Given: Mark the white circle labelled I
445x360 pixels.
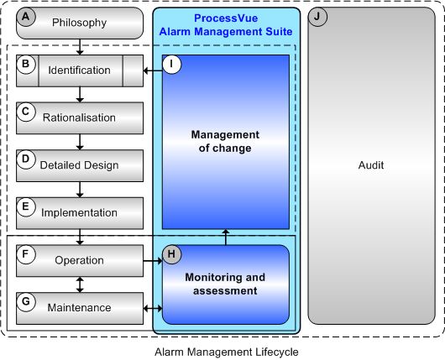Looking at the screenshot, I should (x=173, y=65).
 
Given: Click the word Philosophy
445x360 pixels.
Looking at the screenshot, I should (x=79, y=23).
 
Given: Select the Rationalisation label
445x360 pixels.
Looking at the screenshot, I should (x=79, y=117).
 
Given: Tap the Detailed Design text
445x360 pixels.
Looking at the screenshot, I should (x=79, y=165).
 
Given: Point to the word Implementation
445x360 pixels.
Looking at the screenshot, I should (x=79, y=212).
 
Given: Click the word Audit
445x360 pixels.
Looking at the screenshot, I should (x=370, y=165).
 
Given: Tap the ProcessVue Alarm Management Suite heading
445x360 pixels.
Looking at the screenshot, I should (x=225, y=25).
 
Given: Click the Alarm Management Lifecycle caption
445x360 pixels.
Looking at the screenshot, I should (x=222, y=352).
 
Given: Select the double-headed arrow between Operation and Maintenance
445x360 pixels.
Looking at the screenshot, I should (x=80, y=284).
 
